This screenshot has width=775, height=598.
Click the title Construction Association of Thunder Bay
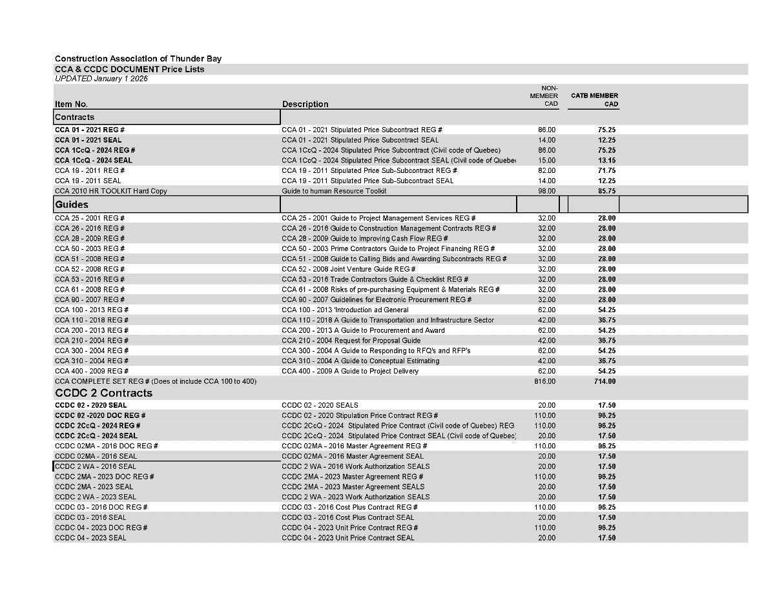pyautogui.click(x=138, y=59)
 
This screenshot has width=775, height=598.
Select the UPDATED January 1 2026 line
pyautogui.click(x=101, y=79)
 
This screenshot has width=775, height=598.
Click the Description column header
pyautogui.click(x=305, y=104)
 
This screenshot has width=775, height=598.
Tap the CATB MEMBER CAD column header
pyautogui.click(x=594, y=99)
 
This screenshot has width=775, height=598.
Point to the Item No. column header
pyautogui.click(x=71, y=104)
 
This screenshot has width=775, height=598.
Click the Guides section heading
pyautogui.click(x=72, y=204)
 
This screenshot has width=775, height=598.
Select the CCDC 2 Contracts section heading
pyautogui.click(x=104, y=393)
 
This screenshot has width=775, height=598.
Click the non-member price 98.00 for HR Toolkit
pyautogui.click(x=546, y=191)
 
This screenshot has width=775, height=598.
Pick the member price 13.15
pyautogui.click(x=606, y=161)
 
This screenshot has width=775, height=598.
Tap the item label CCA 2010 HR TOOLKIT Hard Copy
pyautogui.click(x=111, y=191)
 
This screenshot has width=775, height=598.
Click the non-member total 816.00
pyautogui.click(x=545, y=381)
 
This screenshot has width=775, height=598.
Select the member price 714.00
pyautogui.click(x=605, y=381)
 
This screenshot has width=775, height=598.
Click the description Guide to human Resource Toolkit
pyautogui.click(x=334, y=191)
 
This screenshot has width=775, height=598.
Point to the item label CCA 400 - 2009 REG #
pyautogui.click(x=92, y=371)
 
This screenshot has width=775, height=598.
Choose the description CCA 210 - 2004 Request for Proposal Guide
pyautogui.click(x=351, y=341)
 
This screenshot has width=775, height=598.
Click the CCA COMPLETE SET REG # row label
pyautogui.click(x=156, y=381)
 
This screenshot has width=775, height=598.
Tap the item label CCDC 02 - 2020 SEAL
pyautogui.click(x=91, y=405)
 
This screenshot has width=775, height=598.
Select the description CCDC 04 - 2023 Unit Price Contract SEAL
pyautogui.click(x=348, y=538)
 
